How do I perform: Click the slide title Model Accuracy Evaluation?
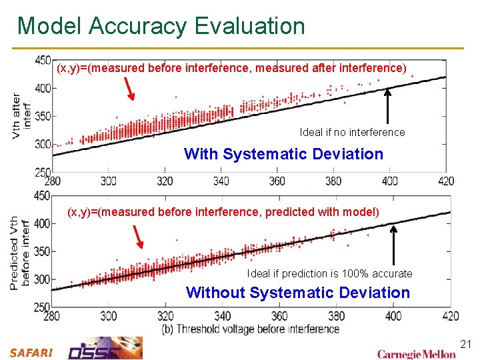coord(161,26)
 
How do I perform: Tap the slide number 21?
coord(466,344)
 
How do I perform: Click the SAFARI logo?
coord(31,353)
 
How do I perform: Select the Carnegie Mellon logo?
coord(416,353)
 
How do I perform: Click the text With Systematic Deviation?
coord(283,154)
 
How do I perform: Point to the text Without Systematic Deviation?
coord(298,293)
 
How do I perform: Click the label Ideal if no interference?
coord(352,132)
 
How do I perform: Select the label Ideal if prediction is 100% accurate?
coord(329,273)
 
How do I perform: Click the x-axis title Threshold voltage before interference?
coord(250,329)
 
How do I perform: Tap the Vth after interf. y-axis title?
coord(21,115)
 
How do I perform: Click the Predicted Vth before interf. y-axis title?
coord(19,253)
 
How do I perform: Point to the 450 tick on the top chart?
coord(42,60)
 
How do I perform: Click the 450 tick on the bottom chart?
coord(42,196)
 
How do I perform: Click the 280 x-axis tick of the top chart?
coord(52,181)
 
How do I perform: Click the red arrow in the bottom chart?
coord(138,235)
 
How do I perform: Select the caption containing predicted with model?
coord(223,212)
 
